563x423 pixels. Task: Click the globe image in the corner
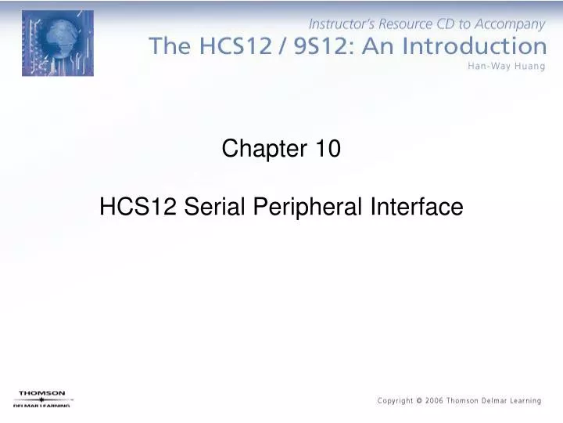click(57, 43)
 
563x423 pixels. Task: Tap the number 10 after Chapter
click(328, 148)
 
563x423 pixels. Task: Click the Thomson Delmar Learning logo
click(42, 399)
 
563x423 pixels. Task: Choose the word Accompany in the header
click(507, 24)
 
